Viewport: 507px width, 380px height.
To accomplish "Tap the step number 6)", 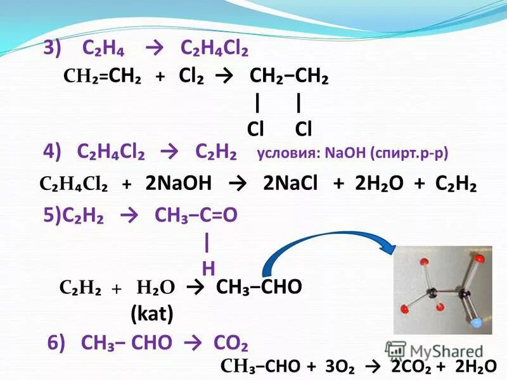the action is tap(56, 343).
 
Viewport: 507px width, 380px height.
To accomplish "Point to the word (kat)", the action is tap(152, 312).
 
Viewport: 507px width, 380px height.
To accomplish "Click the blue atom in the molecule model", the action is tap(484, 324).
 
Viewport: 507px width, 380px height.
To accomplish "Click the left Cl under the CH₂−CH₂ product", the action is tap(255, 129).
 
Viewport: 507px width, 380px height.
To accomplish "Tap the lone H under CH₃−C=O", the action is tap(208, 269).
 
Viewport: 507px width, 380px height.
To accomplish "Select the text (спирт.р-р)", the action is tap(409, 154).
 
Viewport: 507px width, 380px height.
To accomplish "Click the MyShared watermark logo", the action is tap(435, 350).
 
